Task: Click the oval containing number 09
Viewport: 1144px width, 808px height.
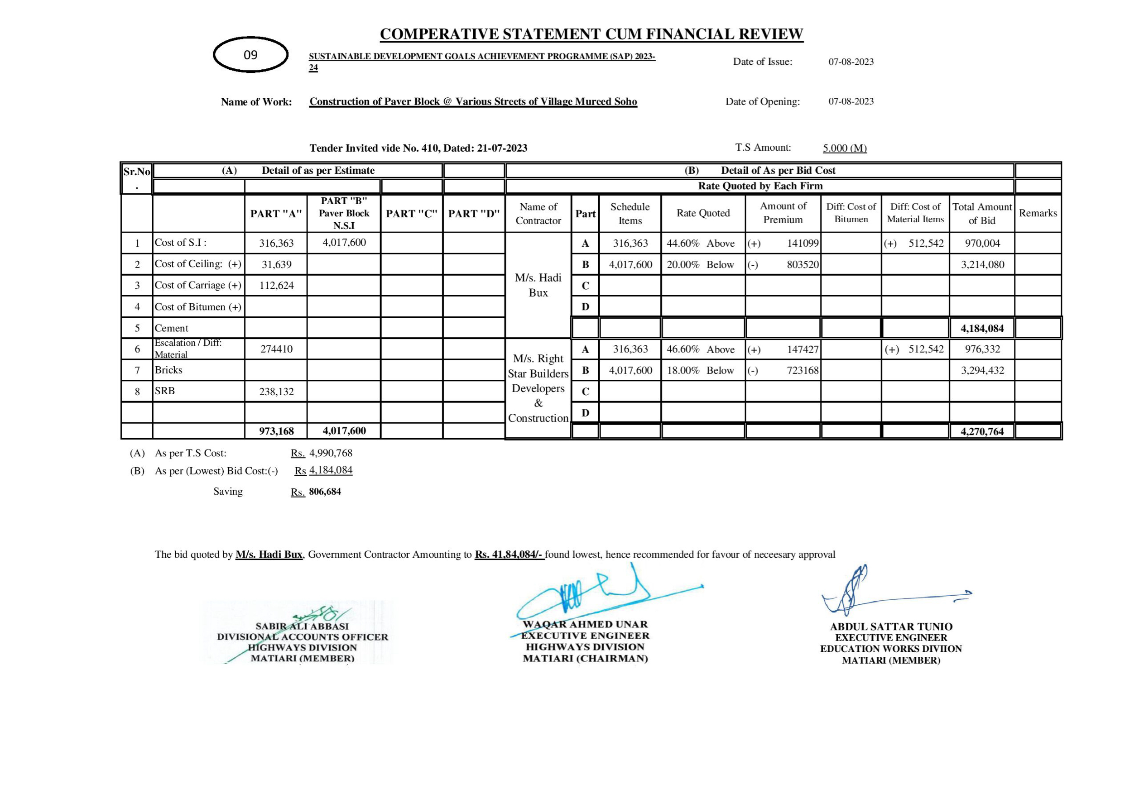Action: (250, 55)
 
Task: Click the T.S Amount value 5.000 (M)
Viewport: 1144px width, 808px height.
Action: (845, 148)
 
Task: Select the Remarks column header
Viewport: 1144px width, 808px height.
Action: (1038, 213)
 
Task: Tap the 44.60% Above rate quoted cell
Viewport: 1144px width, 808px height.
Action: (701, 244)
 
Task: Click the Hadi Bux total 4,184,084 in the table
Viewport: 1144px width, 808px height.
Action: (981, 329)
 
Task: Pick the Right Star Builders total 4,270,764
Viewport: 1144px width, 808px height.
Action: (981, 431)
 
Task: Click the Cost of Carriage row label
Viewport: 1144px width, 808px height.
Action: (198, 286)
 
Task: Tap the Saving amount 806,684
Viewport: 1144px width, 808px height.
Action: (325, 492)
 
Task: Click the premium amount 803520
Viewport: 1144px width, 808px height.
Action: (802, 264)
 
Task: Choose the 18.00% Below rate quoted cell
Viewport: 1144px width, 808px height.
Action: (701, 371)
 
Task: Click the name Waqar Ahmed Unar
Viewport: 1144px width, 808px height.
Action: (585, 625)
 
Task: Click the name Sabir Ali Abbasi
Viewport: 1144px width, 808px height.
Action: (302, 626)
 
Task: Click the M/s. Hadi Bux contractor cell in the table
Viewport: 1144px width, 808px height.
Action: (538, 286)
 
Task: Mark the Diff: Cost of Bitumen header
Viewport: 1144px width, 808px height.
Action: (851, 213)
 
